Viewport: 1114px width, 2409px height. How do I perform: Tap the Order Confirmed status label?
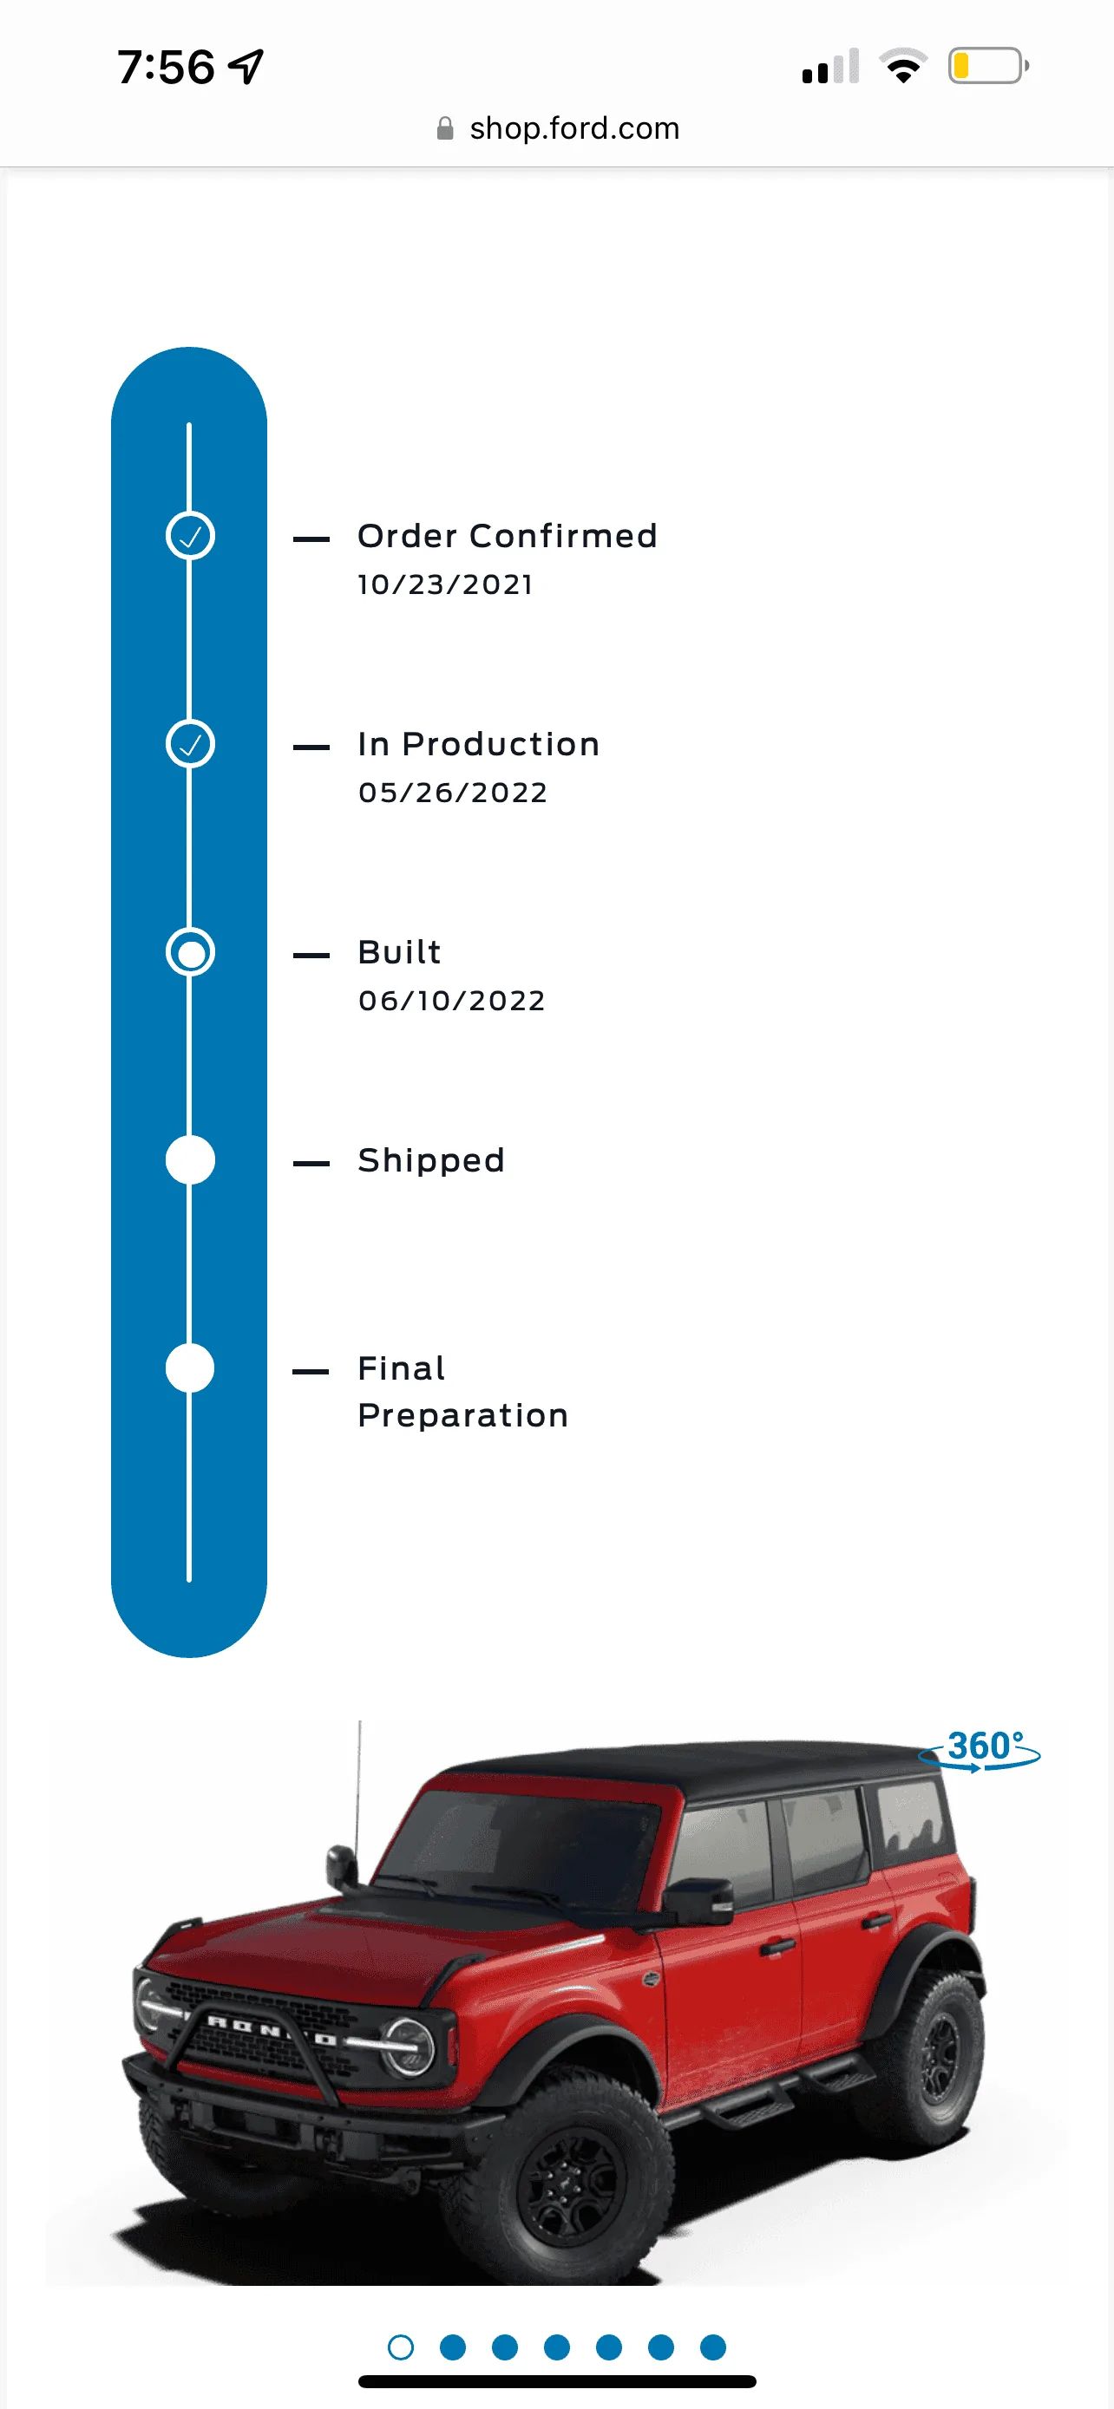(x=507, y=536)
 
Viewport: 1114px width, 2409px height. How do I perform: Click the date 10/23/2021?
(x=445, y=584)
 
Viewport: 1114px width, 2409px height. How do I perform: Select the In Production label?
(x=478, y=744)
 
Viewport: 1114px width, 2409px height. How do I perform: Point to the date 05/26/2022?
(x=453, y=793)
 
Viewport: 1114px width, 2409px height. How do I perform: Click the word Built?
(x=399, y=952)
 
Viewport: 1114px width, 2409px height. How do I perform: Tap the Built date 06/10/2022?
(x=452, y=1001)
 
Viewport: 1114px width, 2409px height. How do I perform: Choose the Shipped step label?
(x=431, y=1160)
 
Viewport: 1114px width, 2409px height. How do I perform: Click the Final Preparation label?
(x=463, y=1392)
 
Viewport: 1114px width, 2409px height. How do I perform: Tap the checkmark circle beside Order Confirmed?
(x=190, y=536)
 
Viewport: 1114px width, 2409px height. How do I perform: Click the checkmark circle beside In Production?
(x=190, y=744)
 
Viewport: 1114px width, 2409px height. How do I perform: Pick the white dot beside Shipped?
(x=190, y=1160)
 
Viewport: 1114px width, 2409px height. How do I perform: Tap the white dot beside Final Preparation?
(x=190, y=1368)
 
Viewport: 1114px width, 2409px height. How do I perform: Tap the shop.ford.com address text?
(x=574, y=128)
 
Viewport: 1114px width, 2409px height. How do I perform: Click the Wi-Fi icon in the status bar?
(x=902, y=65)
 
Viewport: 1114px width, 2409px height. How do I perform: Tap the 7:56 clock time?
(x=167, y=68)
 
